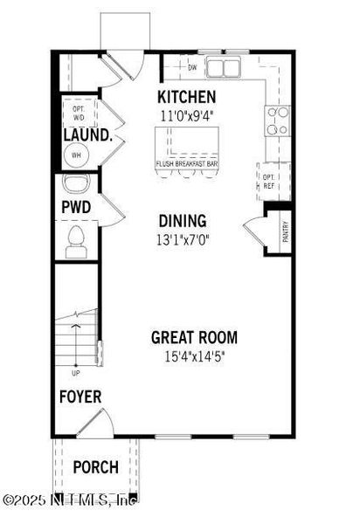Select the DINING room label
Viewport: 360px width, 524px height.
coord(182,221)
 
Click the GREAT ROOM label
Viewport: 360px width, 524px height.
coord(194,338)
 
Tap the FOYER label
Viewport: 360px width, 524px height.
coord(80,396)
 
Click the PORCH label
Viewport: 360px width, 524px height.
coord(95,467)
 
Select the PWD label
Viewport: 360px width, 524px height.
coord(77,208)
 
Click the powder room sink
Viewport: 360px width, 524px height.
coord(76,185)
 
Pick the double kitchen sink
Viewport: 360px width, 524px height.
coord(221,67)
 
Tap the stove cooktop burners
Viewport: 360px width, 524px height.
coord(278,120)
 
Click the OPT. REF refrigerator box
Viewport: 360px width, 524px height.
coord(269,179)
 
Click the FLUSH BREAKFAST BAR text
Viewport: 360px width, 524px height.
coord(186,163)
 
